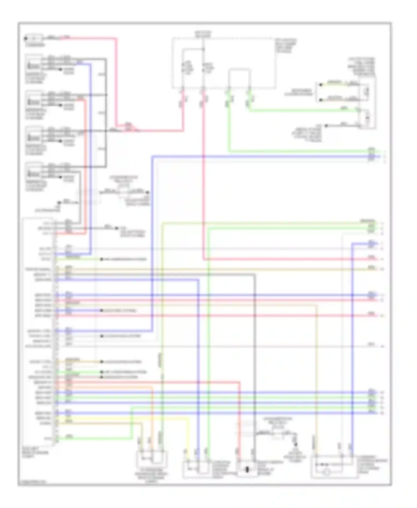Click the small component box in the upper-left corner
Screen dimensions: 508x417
tap(34, 38)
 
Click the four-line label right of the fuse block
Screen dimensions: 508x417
tap(286, 46)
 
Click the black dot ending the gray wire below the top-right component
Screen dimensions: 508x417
tap(326, 126)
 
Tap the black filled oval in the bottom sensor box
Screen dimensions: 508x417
tap(247, 470)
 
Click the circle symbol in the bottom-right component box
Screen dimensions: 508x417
tap(327, 472)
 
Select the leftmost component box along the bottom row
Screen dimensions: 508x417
tap(152, 461)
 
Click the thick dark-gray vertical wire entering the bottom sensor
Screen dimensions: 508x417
tap(255, 361)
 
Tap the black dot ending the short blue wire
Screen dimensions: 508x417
tap(102, 310)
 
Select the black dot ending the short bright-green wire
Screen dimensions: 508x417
tap(102, 372)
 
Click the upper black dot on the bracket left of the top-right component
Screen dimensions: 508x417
tap(321, 84)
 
